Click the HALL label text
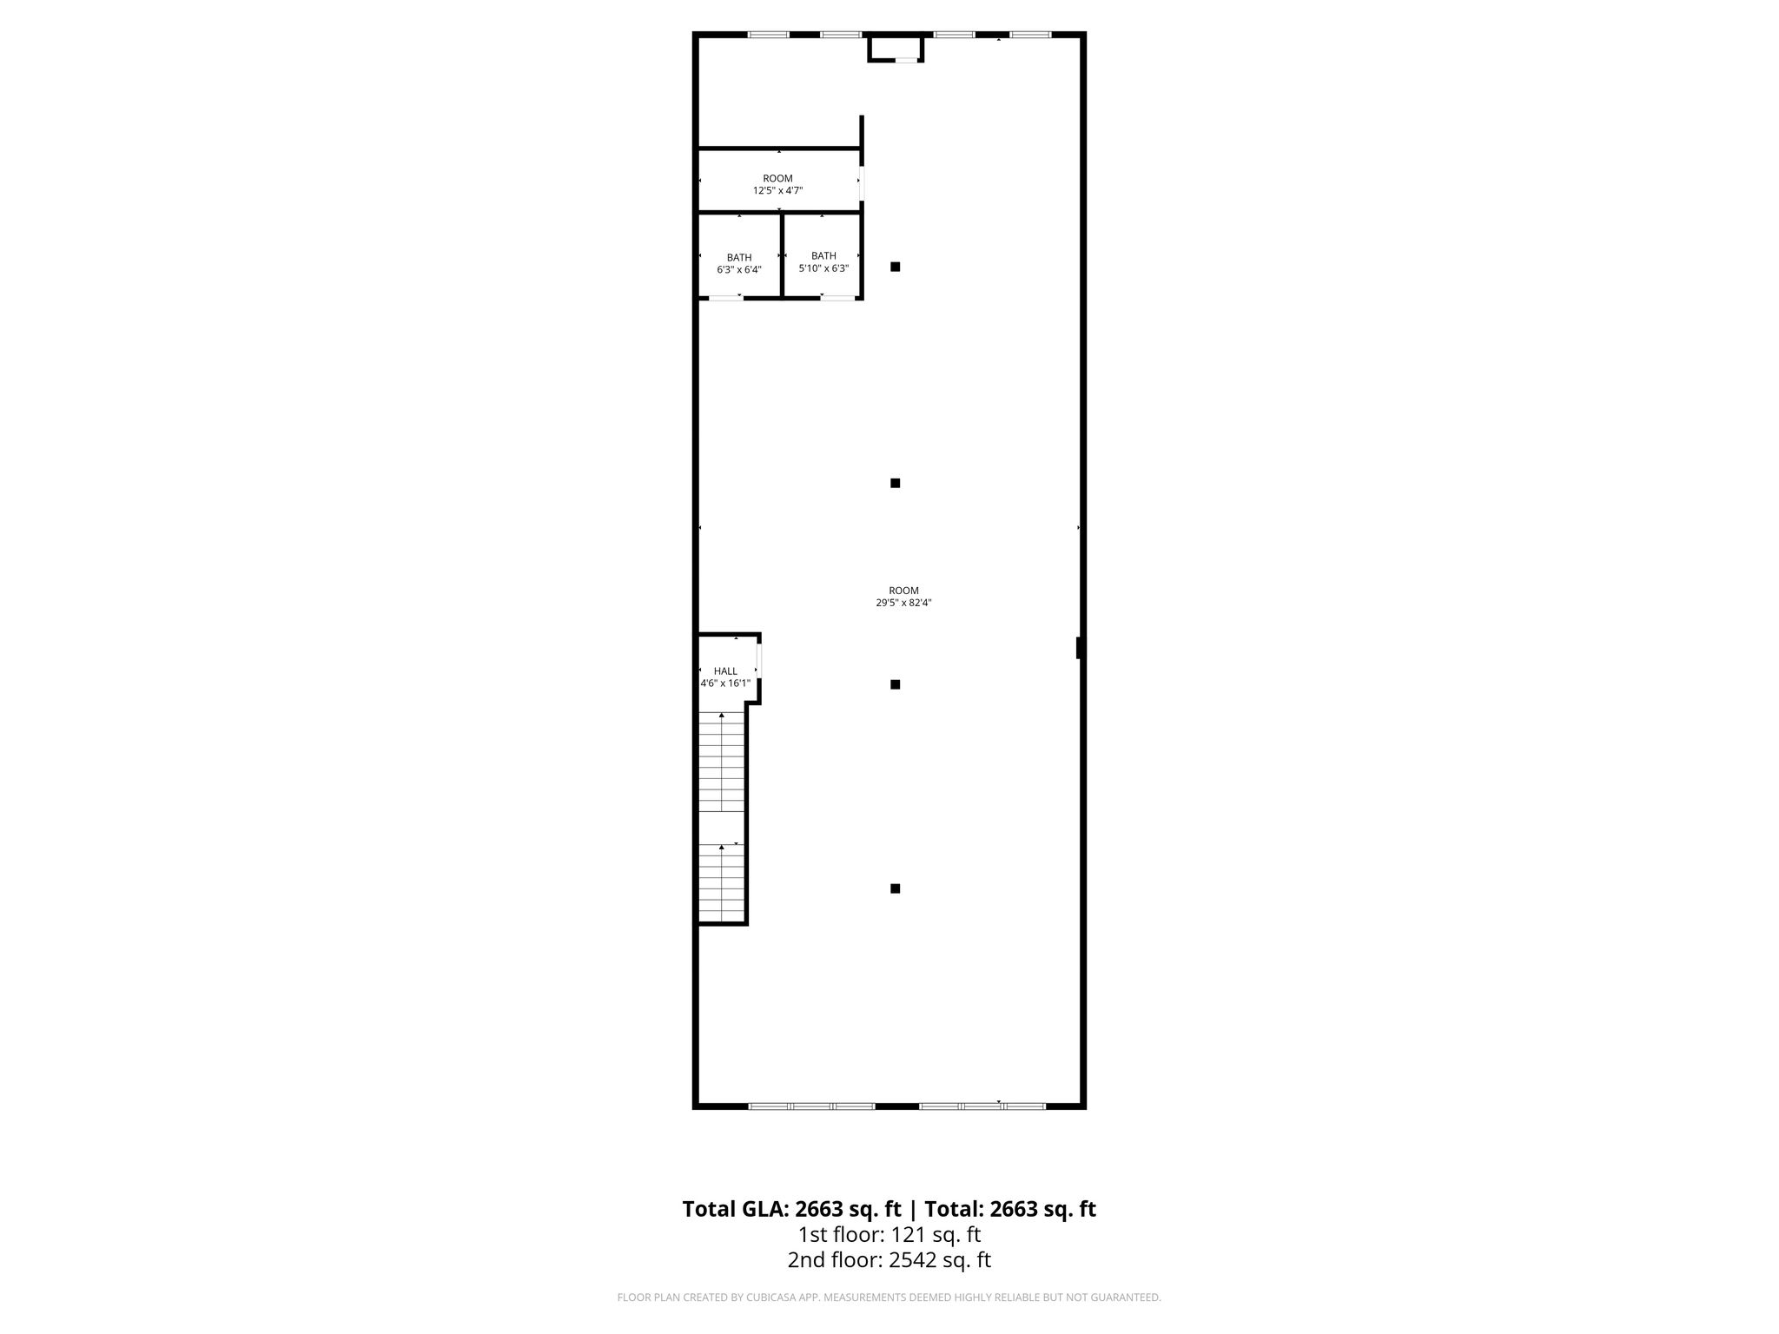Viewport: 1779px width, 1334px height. tap(725, 671)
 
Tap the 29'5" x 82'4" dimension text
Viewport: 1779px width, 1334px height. tap(903, 603)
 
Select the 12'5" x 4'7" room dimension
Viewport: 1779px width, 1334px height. tap(777, 190)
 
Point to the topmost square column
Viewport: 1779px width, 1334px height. tap(895, 267)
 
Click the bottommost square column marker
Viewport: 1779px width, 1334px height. tap(895, 888)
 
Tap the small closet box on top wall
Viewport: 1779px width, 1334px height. tap(896, 49)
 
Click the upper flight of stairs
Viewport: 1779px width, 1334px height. tap(722, 762)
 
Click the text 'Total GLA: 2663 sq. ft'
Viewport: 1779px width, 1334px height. tap(791, 1209)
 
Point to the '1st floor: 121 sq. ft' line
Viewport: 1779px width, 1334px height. tap(889, 1234)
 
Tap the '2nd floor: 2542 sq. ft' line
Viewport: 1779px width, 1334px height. tap(889, 1260)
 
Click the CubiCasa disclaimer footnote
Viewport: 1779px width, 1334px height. tap(889, 1298)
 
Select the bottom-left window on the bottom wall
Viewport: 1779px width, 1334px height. tap(811, 1106)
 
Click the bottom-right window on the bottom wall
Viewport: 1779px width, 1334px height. tap(982, 1106)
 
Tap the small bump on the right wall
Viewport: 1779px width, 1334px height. tap(1079, 648)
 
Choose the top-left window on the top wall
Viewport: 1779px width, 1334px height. tap(769, 35)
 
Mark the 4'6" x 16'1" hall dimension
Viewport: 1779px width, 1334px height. tap(725, 684)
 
